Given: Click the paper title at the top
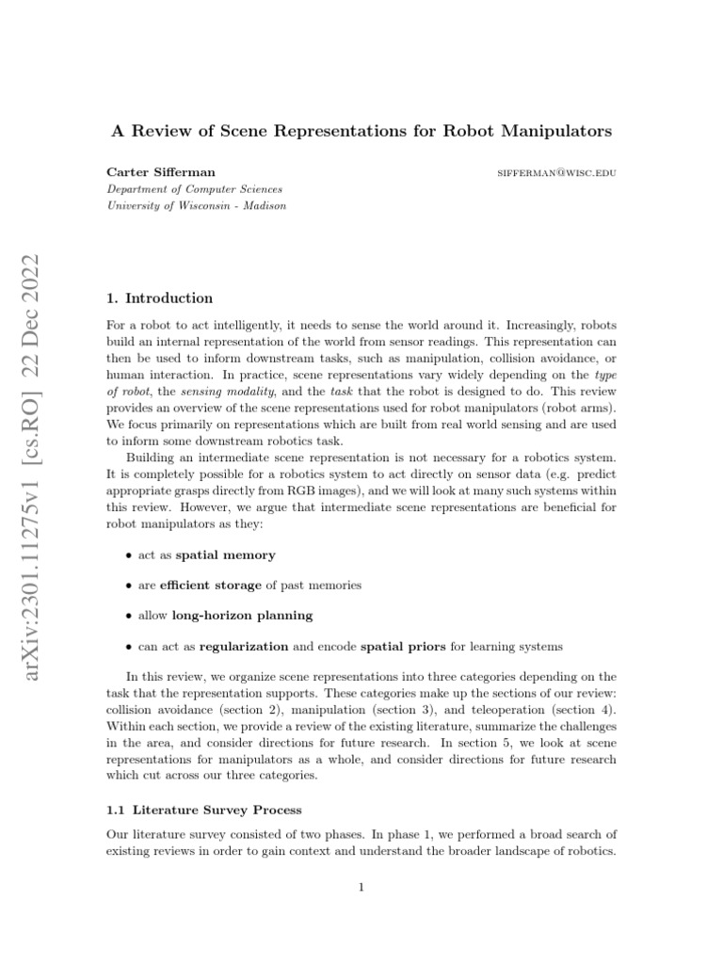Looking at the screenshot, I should tap(361, 131).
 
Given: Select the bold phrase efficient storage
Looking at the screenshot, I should tap(211, 586).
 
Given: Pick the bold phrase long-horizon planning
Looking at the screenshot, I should tap(242, 616).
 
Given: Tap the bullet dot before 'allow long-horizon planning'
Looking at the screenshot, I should tap(128, 617).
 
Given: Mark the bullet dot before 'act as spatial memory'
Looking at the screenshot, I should tap(128, 556).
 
